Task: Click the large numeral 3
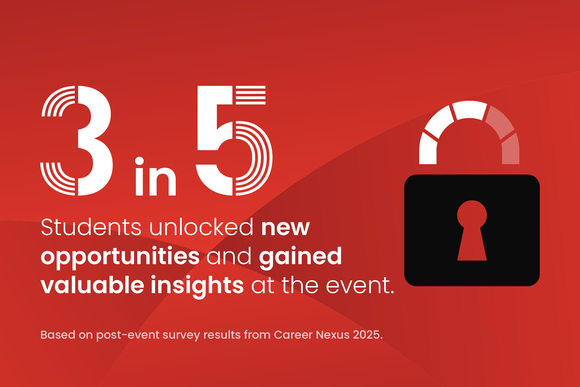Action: point(93,141)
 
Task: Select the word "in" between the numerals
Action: point(156,176)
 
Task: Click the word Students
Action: point(91,227)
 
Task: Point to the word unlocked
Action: point(201,227)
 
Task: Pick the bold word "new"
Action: point(285,228)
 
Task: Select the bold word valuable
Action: point(92,285)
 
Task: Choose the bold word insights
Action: point(197,286)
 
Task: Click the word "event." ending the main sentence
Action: point(360,286)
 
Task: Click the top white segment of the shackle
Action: point(469,110)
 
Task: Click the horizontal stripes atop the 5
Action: point(251,95)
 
